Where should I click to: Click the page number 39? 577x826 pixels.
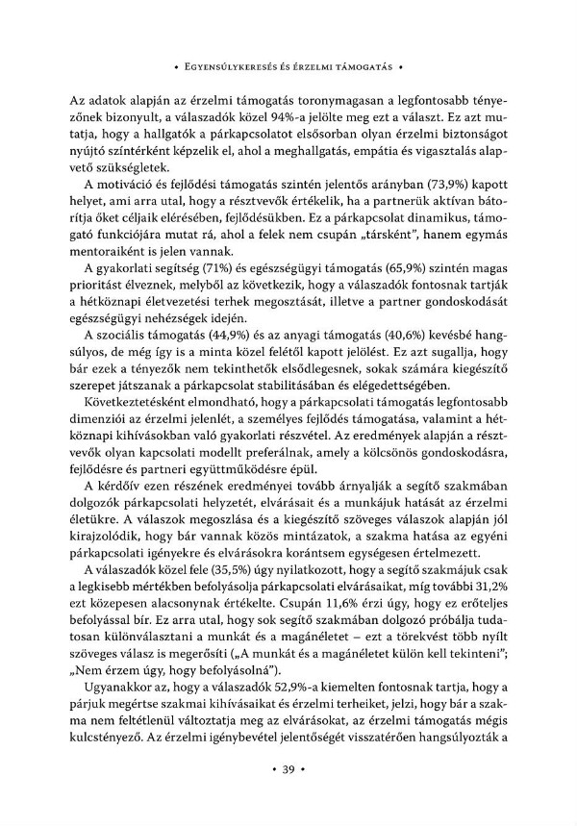(x=288, y=769)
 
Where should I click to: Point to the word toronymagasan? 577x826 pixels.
(x=297, y=100)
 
